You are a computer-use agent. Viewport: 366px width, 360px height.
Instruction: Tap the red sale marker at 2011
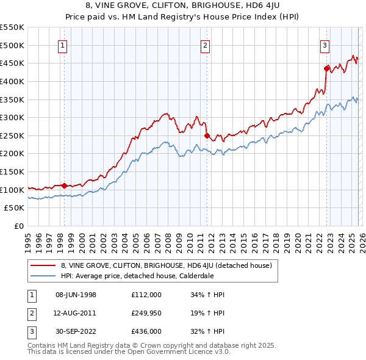coord(207,135)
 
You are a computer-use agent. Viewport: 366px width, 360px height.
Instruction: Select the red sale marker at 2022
coord(327,68)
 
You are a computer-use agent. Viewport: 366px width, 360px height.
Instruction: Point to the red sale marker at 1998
coord(64,185)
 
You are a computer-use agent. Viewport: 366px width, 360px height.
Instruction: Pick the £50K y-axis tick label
coord(15,207)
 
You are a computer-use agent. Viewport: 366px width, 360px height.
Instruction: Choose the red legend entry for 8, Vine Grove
coord(170,265)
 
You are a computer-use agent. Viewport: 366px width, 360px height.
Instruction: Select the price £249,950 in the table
coord(146,313)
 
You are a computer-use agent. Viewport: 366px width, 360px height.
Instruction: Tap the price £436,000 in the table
coord(146,331)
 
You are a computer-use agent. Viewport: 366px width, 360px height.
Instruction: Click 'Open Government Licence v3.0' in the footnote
coord(178,353)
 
